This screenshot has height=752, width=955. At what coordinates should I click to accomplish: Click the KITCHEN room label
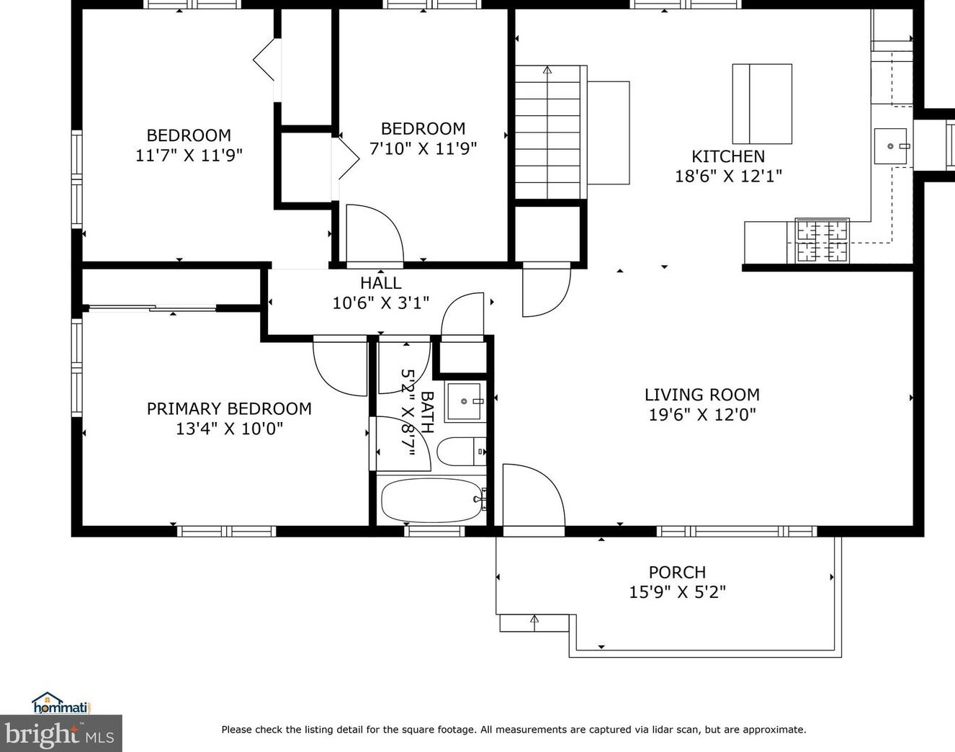coord(728,156)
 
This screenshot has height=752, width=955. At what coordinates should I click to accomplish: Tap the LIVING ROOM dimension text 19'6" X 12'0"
coord(702,414)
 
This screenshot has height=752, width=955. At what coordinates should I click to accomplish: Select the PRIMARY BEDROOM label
coord(229,408)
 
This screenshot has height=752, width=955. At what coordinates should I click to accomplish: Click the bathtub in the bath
coord(431,501)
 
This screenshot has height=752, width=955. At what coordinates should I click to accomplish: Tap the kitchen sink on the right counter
coord(892,147)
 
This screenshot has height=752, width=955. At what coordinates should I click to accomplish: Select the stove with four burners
coord(822,241)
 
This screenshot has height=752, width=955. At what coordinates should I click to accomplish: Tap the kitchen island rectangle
coord(762,104)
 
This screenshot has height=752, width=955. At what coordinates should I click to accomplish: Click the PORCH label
coord(677,573)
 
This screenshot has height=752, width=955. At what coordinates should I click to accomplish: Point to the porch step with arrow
coord(534,623)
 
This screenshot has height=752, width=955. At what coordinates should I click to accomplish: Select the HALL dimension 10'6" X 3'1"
coord(380,303)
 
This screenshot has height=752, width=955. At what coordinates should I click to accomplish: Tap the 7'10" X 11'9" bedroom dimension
coord(423,148)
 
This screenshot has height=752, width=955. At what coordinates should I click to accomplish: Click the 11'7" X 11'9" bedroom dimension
coord(189,155)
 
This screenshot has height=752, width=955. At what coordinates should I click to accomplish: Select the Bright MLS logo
coord(60,734)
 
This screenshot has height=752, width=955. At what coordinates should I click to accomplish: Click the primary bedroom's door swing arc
coord(339,366)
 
